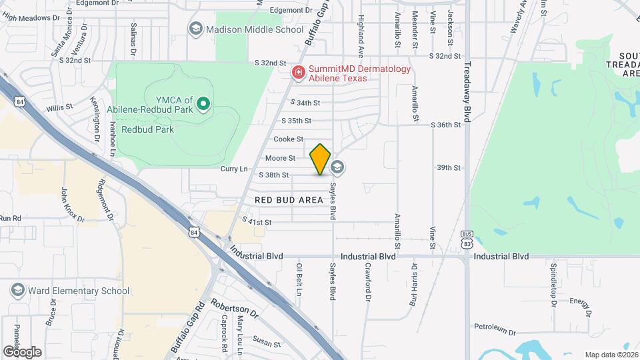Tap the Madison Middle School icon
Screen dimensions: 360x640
point(195,29)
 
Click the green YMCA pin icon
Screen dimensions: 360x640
point(205,103)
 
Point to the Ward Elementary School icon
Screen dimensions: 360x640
point(17,290)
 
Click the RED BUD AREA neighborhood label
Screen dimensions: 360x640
point(289,200)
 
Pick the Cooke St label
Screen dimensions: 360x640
point(289,139)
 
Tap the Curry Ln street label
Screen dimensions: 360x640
point(234,169)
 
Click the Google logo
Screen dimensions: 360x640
point(22,351)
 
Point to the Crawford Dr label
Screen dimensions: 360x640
point(367,280)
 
